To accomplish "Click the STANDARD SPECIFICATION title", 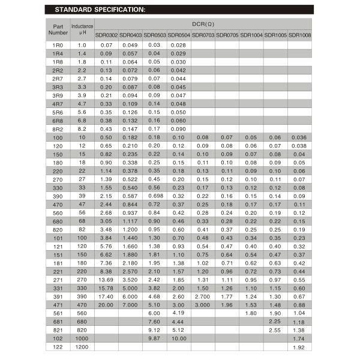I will click(x=100, y=10).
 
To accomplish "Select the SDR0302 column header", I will click(x=106, y=35).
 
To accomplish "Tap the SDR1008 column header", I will click(x=300, y=35).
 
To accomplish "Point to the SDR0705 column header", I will click(x=227, y=35).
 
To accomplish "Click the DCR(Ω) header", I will click(x=203, y=23).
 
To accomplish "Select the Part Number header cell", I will click(x=58, y=29).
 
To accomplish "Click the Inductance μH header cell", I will click(x=82, y=29).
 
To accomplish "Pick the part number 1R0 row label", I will click(x=58, y=46).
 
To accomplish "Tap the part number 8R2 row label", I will click(x=58, y=129).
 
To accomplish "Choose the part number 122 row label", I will click(x=58, y=347).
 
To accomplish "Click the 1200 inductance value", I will click(x=82, y=347).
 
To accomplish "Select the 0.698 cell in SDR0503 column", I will click(x=154, y=196).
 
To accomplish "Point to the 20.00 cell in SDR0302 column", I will click(x=106, y=304).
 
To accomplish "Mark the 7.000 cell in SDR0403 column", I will click(x=130, y=304).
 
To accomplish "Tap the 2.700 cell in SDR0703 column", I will click(x=203, y=296).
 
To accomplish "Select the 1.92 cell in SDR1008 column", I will click(x=300, y=347).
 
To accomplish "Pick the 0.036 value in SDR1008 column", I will click(x=300, y=137).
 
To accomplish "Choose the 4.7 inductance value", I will click(x=82, y=104).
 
